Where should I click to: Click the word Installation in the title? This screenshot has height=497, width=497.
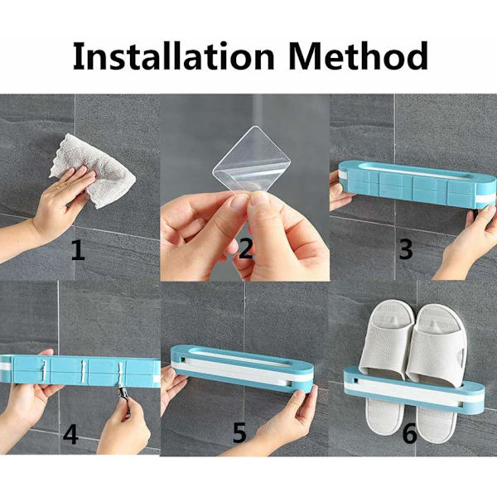[x=173, y=55]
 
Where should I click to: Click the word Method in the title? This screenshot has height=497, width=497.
[x=359, y=55]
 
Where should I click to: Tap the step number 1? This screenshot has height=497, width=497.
[x=79, y=250]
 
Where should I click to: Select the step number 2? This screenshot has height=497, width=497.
[x=246, y=248]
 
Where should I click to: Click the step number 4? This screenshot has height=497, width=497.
[x=70, y=434]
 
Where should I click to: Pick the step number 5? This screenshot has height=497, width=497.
[x=239, y=433]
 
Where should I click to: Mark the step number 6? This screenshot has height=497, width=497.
[x=409, y=433]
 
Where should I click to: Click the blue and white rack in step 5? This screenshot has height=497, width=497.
[x=242, y=369]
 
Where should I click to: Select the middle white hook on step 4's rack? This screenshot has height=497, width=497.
[x=83, y=370]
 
